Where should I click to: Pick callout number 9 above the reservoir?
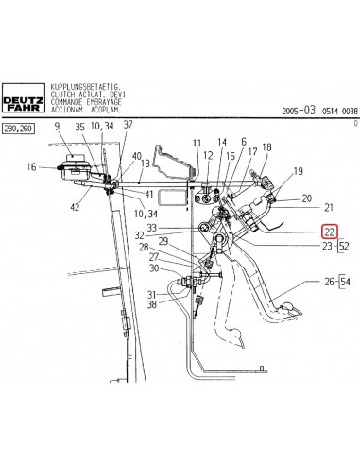click(58, 126)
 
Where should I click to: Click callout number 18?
click(266, 146)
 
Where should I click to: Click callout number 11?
click(197, 143)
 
